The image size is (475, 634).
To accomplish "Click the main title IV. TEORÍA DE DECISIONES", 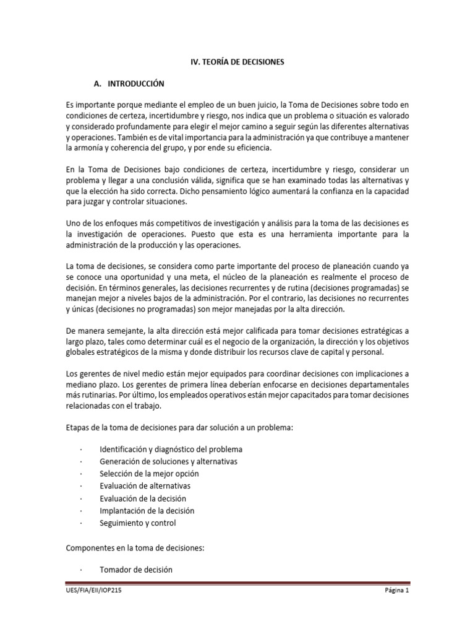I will [x=237, y=62].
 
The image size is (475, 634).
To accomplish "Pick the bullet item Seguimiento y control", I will [x=137, y=523].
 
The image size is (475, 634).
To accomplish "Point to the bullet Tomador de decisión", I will [x=135, y=569].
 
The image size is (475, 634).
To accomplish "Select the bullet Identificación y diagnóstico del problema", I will [x=171, y=449].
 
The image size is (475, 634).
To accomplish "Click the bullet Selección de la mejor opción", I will [x=149, y=474].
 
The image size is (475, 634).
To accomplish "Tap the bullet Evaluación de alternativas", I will [x=145, y=486].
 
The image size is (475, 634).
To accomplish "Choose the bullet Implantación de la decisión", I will [x=147, y=511].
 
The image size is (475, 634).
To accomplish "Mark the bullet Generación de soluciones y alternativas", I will [x=168, y=461].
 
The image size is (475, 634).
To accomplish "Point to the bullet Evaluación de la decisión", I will [x=142, y=498].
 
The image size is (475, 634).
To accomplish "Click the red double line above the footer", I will [x=237, y=583].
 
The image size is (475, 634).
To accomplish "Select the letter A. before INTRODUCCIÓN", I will [x=96, y=83].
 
